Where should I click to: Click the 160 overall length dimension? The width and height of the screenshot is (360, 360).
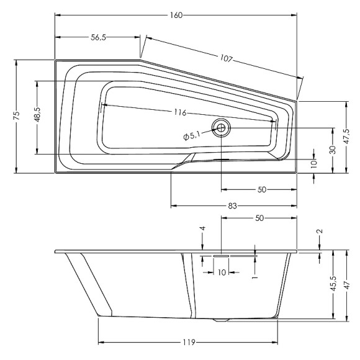click(176, 16)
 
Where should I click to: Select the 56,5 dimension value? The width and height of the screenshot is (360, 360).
click(98, 37)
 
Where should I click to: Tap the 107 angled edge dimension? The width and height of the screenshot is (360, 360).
click(227, 58)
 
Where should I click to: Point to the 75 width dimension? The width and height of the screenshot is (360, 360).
click(17, 115)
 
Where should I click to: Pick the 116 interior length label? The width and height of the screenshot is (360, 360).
click(180, 112)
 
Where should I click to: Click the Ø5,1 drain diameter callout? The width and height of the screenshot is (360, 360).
click(192, 136)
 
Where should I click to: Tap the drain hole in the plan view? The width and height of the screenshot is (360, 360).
click(221, 128)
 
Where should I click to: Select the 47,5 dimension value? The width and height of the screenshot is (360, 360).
click(346, 137)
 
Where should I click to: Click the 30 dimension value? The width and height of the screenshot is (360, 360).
click(333, 150)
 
